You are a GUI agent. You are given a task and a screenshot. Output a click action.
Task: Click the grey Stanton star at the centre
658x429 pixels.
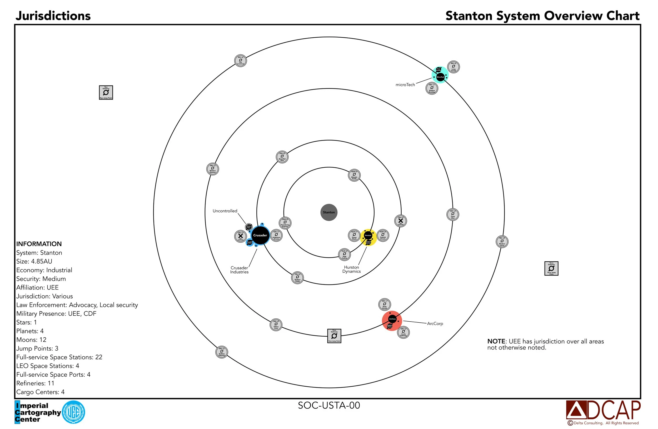[x=329, y=212]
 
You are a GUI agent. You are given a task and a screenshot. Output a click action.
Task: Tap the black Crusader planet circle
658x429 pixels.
[x=260, y=235]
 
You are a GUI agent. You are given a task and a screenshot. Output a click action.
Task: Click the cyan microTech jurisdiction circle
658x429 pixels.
[x=444, y=72]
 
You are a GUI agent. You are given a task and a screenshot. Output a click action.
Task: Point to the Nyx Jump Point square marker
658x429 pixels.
[x=106, y=92]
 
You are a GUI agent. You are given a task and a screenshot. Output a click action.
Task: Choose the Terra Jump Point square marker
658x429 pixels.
[x=551, y=268]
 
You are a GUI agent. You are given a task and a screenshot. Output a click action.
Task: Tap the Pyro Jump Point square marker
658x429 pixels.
[x=334, y=336]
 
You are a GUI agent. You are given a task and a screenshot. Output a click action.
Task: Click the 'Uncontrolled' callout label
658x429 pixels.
[x=225, y=211]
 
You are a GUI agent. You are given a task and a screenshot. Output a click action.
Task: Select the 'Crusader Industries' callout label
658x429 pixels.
[x=239, y=270]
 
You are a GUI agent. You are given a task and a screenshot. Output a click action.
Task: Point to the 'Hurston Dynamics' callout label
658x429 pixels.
[x=351, y=269]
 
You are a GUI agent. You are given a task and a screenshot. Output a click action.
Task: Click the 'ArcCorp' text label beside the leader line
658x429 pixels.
[x=435, y=323]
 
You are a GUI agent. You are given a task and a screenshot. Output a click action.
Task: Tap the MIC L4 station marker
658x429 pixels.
[x=241, y=61]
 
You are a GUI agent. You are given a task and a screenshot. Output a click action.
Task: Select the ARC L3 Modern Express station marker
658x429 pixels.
[x=213, y=169]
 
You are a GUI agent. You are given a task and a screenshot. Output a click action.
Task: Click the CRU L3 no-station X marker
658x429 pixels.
[x=401, y=221]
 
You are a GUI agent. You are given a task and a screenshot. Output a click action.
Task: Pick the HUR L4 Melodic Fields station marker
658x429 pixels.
[x=354, y=175]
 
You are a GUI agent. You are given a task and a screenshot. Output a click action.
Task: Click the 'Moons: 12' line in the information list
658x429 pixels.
[x=31, y=340]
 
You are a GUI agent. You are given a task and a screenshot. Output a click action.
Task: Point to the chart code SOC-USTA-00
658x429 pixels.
[x=329, y=405]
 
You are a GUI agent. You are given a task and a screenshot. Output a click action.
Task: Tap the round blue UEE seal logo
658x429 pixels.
[x=73, y=412]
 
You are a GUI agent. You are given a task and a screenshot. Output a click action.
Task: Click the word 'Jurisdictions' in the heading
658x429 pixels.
[x=53, y=16]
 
